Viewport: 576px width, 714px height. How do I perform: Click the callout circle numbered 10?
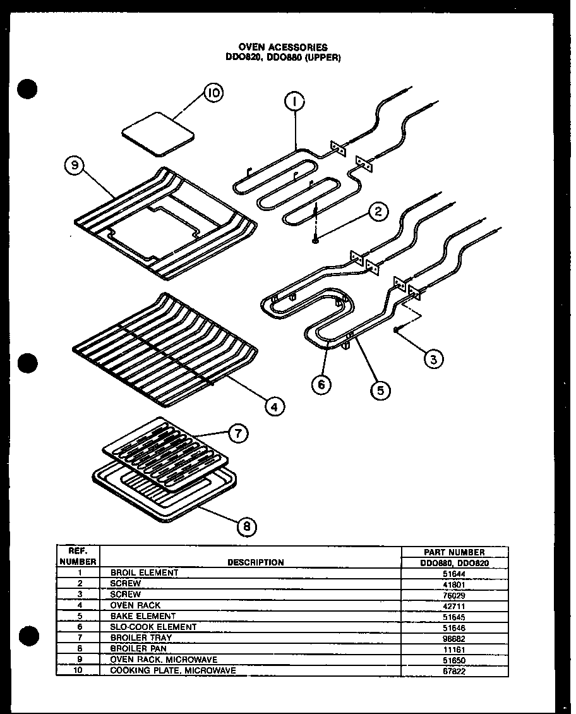(213, 94)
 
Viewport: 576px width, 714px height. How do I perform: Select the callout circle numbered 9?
(75, 166)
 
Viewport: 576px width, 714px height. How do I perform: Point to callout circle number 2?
(378, 212)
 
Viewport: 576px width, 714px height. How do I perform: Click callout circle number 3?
(433, 360)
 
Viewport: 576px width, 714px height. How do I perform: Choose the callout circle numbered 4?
(273, 406)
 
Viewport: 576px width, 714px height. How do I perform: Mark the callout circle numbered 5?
(380, 390)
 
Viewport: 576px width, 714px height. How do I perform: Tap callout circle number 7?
(238, 433)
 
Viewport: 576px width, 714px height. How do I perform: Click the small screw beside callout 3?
(396, 330)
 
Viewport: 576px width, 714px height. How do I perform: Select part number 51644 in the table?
(453, 573)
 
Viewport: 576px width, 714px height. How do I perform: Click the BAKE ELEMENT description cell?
(143, 616)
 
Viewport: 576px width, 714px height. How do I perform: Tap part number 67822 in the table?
(453, 670)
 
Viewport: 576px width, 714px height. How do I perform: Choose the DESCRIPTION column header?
(255, 562)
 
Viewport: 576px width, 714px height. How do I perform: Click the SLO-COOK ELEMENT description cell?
(153, 627)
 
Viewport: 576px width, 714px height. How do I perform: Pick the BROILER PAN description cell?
(139, 648)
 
